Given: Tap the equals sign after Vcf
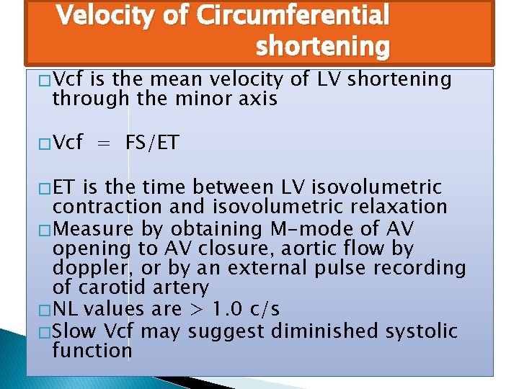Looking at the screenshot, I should (x=105, y=142).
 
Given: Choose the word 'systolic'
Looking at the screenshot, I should (x=425, y=331).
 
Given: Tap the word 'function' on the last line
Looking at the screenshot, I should (x=92, y=351).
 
